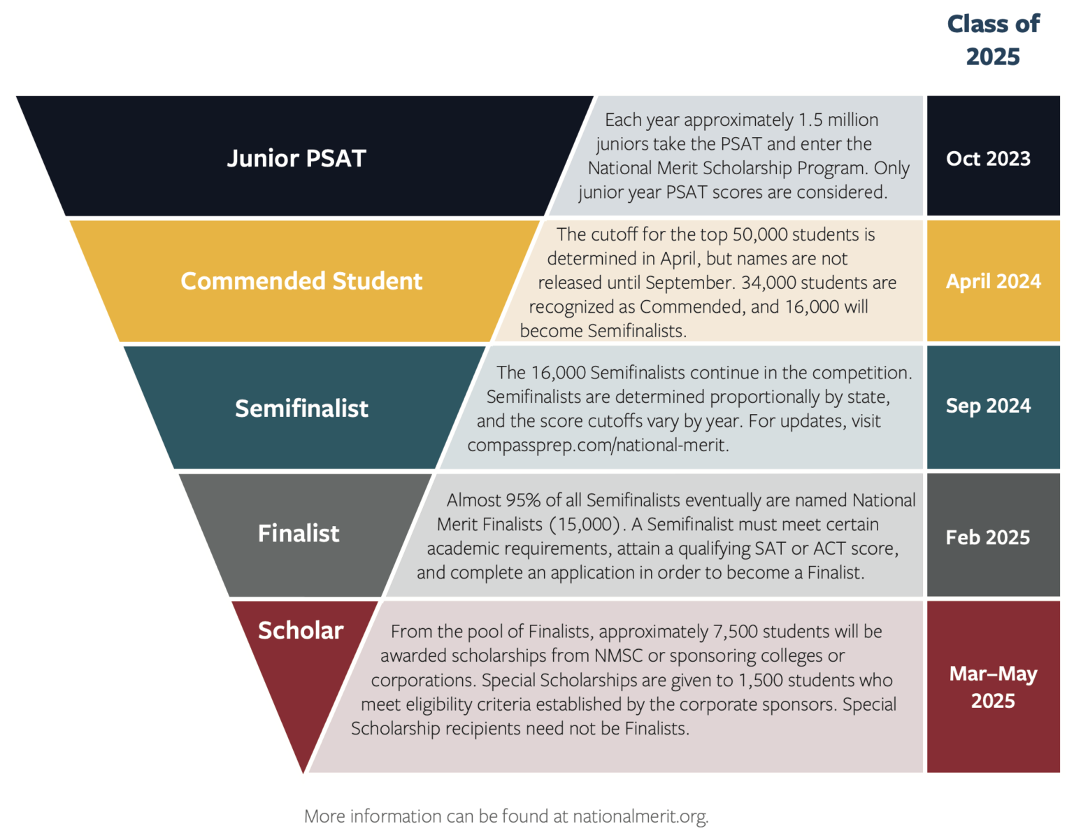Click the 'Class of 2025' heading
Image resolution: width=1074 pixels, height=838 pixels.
point(993,40)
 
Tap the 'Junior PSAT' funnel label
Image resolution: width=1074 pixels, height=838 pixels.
point(296,158)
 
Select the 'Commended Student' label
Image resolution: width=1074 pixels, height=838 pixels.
point(301,280)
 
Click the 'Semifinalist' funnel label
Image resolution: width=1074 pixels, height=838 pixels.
point(301,408)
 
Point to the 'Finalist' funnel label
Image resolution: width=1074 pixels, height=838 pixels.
point(299,533)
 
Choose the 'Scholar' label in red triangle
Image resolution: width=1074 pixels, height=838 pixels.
point(301,630)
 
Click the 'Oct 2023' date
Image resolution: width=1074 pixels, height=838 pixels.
point(988,158)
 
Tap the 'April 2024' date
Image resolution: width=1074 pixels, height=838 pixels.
point(993,280)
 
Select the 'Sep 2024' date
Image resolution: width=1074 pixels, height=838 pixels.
point(988,406)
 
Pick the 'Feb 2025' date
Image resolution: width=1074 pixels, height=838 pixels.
point(987,537)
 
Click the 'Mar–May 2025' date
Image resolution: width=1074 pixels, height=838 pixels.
point(993,687)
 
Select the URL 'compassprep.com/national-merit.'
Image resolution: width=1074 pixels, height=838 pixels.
point(598,445)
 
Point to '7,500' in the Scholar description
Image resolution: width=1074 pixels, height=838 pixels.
point(735,632)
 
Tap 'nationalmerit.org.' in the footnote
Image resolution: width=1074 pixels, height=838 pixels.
point(640,816)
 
